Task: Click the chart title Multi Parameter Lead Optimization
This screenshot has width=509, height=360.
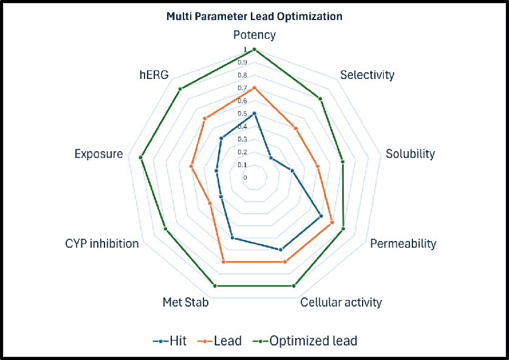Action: (254, 16)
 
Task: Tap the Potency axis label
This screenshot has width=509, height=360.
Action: (254, 35)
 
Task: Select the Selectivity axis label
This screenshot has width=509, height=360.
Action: (367, 75)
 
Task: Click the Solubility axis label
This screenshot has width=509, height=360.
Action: (410, 154)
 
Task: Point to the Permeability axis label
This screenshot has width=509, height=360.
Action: (403, 244)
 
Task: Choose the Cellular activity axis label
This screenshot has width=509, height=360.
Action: (341, 302)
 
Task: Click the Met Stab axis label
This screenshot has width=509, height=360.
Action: (186, 302)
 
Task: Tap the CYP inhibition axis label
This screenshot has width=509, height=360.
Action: (102, 244)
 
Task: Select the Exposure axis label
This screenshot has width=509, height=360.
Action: (98, 154)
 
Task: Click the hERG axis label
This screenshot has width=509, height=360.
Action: (154, 75)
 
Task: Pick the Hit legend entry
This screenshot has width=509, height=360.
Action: (169, 341)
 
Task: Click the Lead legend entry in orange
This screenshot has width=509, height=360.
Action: (220, 341)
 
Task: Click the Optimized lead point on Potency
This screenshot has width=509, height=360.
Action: (254, 49)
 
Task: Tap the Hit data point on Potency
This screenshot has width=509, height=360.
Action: (254, 114)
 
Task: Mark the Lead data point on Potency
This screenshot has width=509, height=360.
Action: (254, 88)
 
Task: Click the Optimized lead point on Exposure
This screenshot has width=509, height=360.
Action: (141, 158)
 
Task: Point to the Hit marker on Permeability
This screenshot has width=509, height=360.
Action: (321, 216)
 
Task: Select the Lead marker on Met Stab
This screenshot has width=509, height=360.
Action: (224, 262)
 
